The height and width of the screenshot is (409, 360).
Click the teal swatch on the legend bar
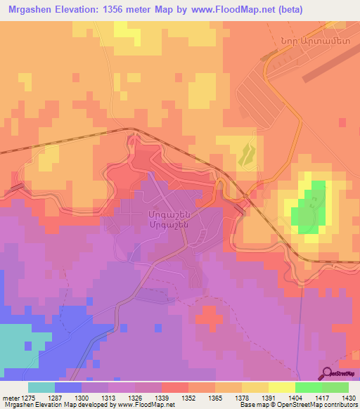41,388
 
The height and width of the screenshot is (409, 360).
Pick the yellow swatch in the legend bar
281,388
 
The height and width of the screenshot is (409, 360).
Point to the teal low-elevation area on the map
21,344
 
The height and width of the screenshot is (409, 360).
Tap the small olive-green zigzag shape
246,154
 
